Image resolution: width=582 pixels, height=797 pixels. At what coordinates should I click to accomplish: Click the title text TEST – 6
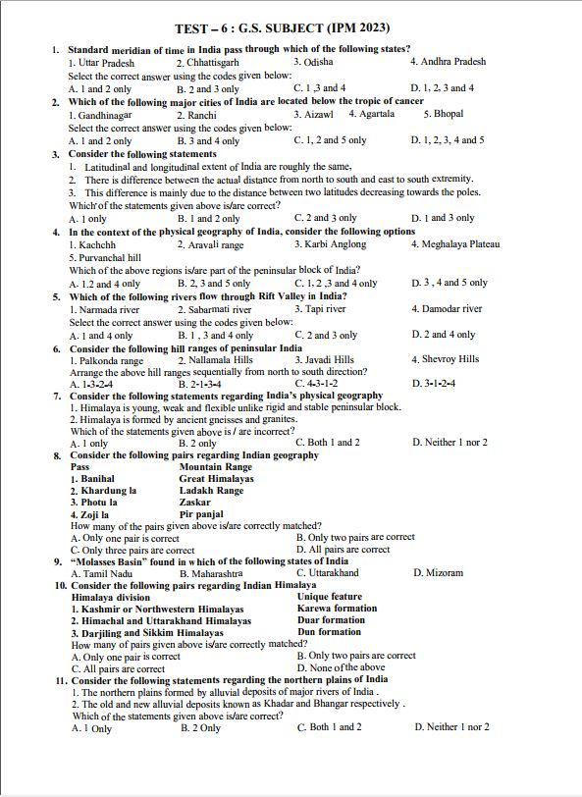[202, 29]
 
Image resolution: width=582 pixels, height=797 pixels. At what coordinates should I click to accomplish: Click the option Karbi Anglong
[326, 244]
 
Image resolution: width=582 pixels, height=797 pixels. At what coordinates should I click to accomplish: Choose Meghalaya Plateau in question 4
[454, 244]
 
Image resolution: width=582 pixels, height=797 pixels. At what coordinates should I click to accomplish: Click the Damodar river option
[447, 309]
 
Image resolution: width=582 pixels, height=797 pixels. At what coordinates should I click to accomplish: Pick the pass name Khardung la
[103, 490]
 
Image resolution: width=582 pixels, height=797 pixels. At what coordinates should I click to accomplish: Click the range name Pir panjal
[201, 514]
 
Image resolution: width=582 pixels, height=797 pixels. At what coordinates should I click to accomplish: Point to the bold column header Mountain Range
[215, 467]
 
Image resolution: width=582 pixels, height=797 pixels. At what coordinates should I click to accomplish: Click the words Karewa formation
[337, 609]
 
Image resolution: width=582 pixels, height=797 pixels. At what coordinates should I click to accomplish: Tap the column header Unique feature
[330, 597]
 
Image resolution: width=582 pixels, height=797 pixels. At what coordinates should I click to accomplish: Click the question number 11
[61, 680]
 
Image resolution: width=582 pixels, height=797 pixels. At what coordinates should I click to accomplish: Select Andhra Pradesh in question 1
[448, 62]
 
